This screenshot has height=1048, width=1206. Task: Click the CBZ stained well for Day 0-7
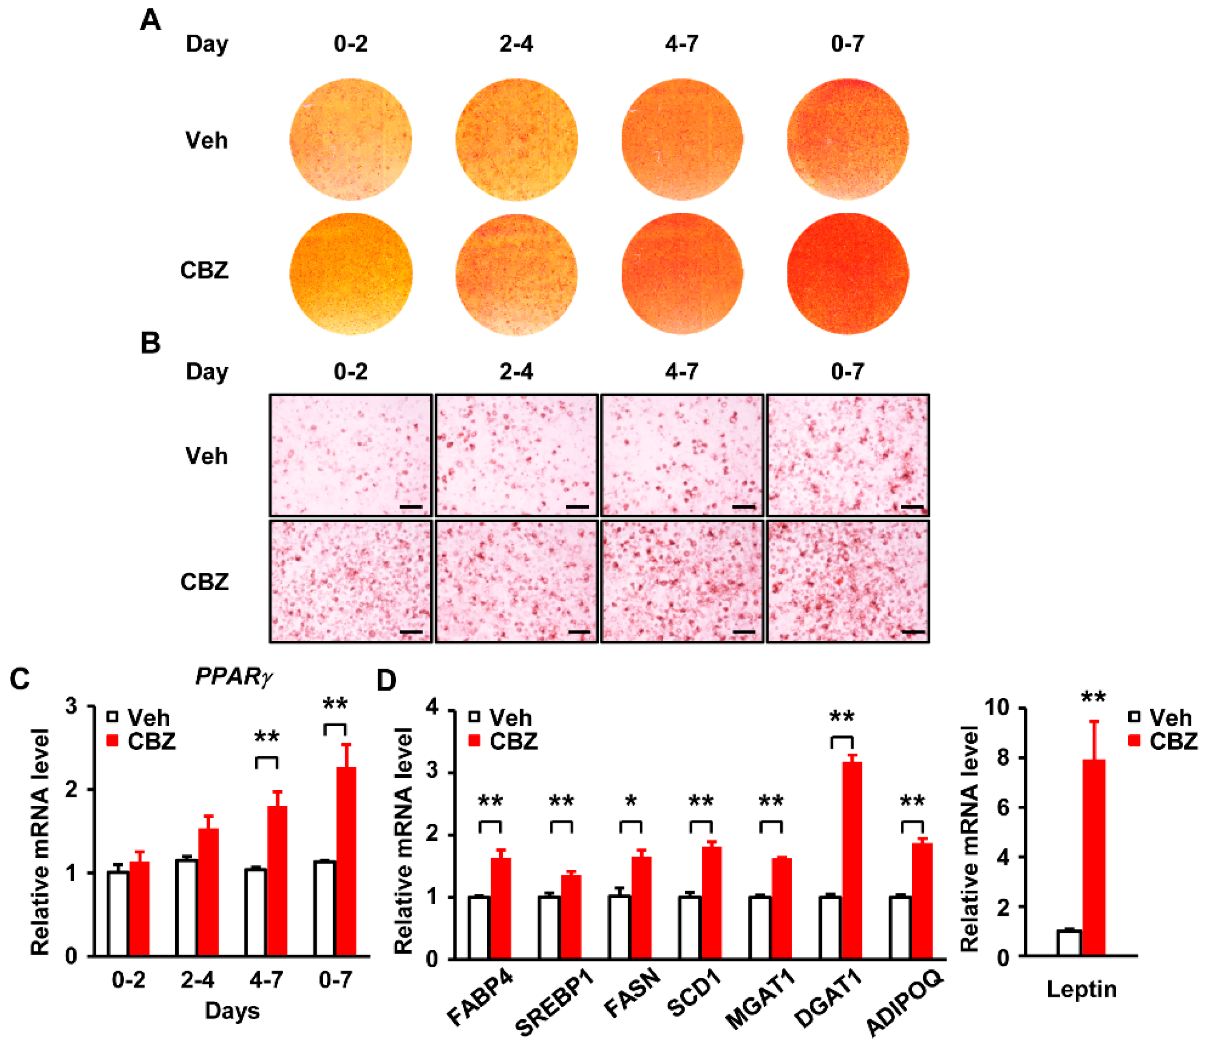847,274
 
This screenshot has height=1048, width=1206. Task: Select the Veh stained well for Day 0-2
350,139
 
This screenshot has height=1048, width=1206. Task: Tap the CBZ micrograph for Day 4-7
682,581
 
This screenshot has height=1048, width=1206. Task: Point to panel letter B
150,343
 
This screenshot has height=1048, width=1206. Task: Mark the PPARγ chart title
234,676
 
